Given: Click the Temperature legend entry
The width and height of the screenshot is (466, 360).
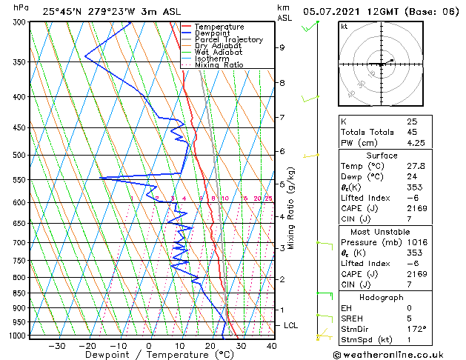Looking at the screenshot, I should pyautogui.click(x=219, y=27).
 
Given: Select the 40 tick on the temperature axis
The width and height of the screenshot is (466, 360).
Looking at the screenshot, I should pyautogui.click(x=271, y=346).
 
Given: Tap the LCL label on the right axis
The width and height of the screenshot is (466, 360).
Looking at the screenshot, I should pyautogui.click(x=291, y=325).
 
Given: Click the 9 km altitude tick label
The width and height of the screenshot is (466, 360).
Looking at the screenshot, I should pyautogui.click(x=282, y=47).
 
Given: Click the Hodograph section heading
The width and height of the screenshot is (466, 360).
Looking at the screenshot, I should pyautogui.click(x=383, y=297).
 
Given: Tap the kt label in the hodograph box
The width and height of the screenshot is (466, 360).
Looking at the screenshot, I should pyautogui.click(x=344, y=27).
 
